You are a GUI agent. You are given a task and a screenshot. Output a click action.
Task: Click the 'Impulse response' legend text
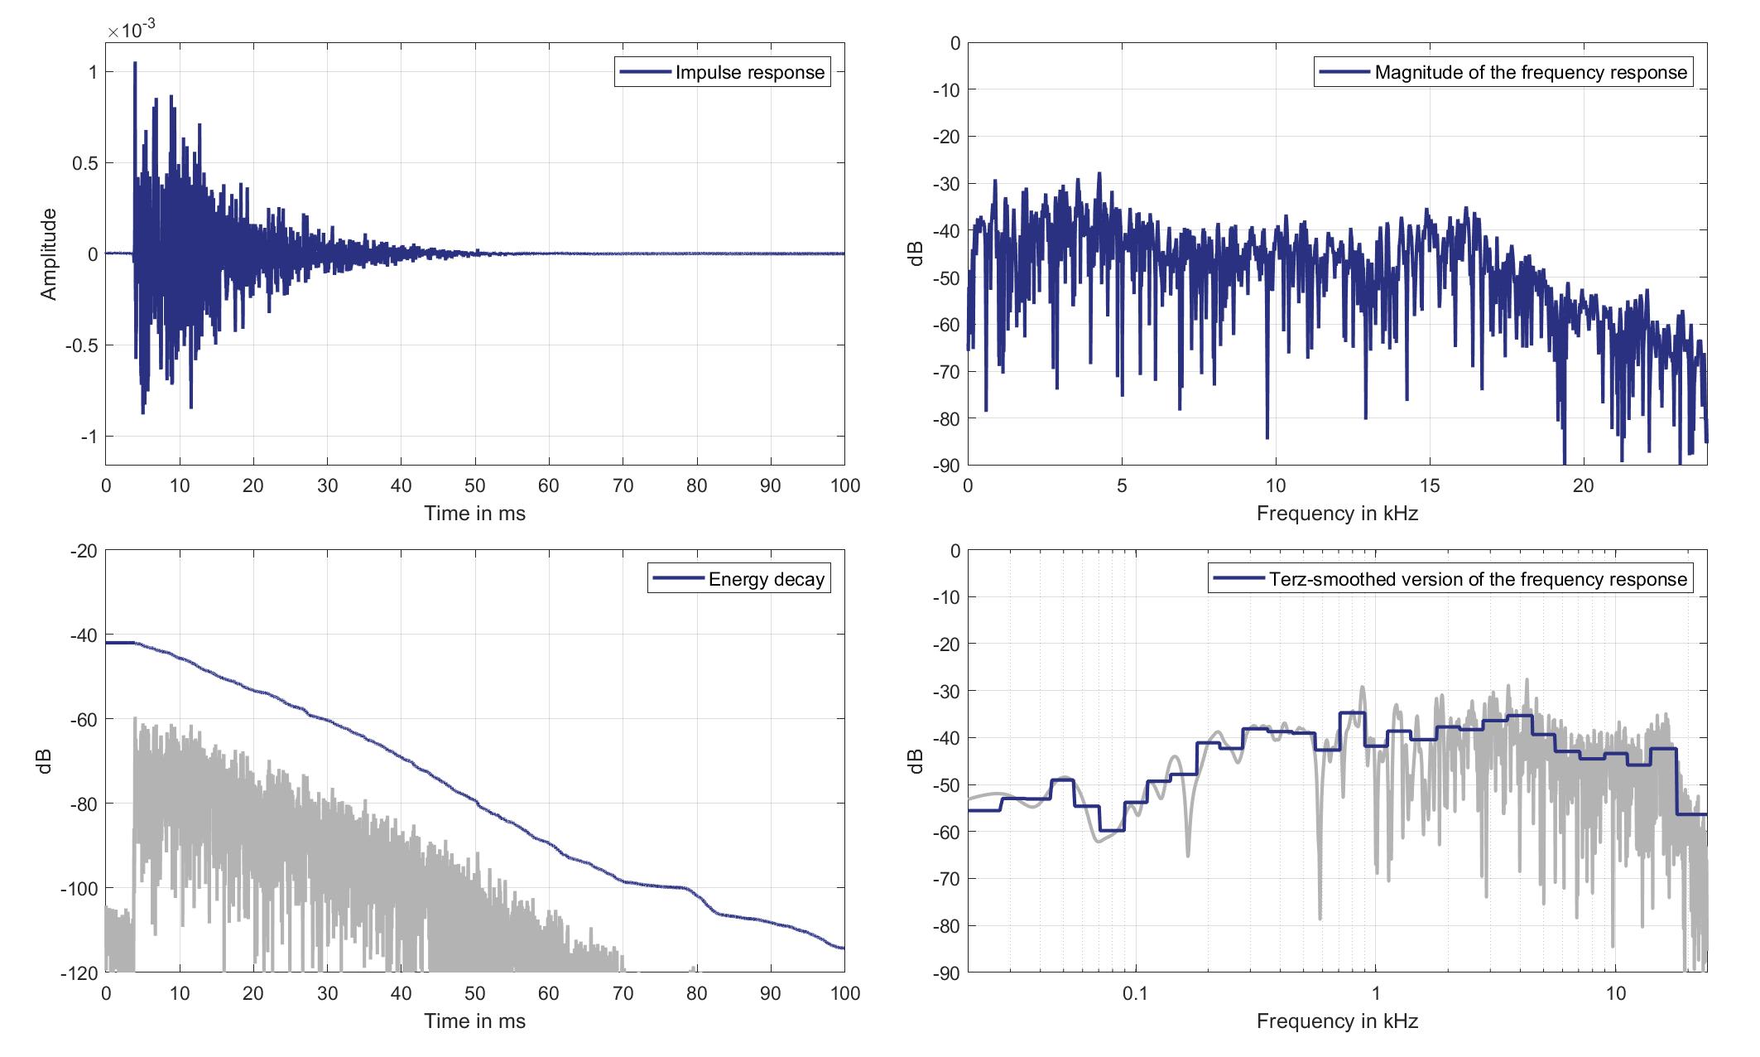749,73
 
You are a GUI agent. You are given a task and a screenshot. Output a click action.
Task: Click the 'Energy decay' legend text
766,580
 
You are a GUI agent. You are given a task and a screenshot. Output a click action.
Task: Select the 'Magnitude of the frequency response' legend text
1530,73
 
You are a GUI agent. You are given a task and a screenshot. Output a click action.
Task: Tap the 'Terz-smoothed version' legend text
1478,580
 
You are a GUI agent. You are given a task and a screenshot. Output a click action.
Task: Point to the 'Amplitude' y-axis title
49,254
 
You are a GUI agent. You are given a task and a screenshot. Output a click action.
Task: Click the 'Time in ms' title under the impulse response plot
474,514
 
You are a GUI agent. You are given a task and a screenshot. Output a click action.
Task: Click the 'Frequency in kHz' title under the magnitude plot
1337,514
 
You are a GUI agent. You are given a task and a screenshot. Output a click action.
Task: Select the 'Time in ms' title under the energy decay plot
474,1021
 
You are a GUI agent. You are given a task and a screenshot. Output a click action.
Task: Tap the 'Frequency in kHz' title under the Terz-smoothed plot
1337,1021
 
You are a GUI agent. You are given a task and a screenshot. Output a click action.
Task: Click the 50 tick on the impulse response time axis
475,486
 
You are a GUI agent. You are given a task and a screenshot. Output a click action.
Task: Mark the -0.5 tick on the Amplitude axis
81,345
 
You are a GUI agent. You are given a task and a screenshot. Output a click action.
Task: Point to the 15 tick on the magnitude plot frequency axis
1430,486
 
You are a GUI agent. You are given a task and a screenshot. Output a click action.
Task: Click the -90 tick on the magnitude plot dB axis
944,466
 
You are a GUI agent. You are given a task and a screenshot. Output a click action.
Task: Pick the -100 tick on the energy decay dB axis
78,889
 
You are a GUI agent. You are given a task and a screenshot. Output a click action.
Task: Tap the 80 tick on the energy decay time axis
697,994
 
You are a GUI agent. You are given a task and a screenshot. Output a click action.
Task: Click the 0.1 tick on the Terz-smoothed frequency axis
1135,994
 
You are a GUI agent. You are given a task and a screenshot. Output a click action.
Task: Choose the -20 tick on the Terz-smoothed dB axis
944,644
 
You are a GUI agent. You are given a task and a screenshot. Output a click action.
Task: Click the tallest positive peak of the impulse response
135,63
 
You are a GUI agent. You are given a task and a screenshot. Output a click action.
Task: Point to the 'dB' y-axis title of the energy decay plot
46,761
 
